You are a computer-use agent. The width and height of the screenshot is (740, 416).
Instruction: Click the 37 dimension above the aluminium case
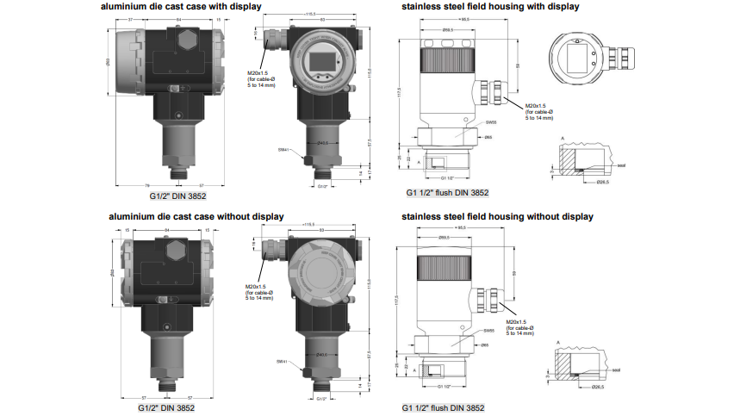click(x=131, y=19)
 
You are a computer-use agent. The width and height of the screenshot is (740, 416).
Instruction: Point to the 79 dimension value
click(x=147, y=184)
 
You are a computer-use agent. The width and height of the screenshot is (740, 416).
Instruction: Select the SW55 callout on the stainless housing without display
click(x=488, y=331)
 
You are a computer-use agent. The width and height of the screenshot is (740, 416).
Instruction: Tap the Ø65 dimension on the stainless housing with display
click(x=488, y=137)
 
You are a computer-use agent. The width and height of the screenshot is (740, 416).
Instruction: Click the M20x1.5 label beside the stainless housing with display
click(x=536, y=106)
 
